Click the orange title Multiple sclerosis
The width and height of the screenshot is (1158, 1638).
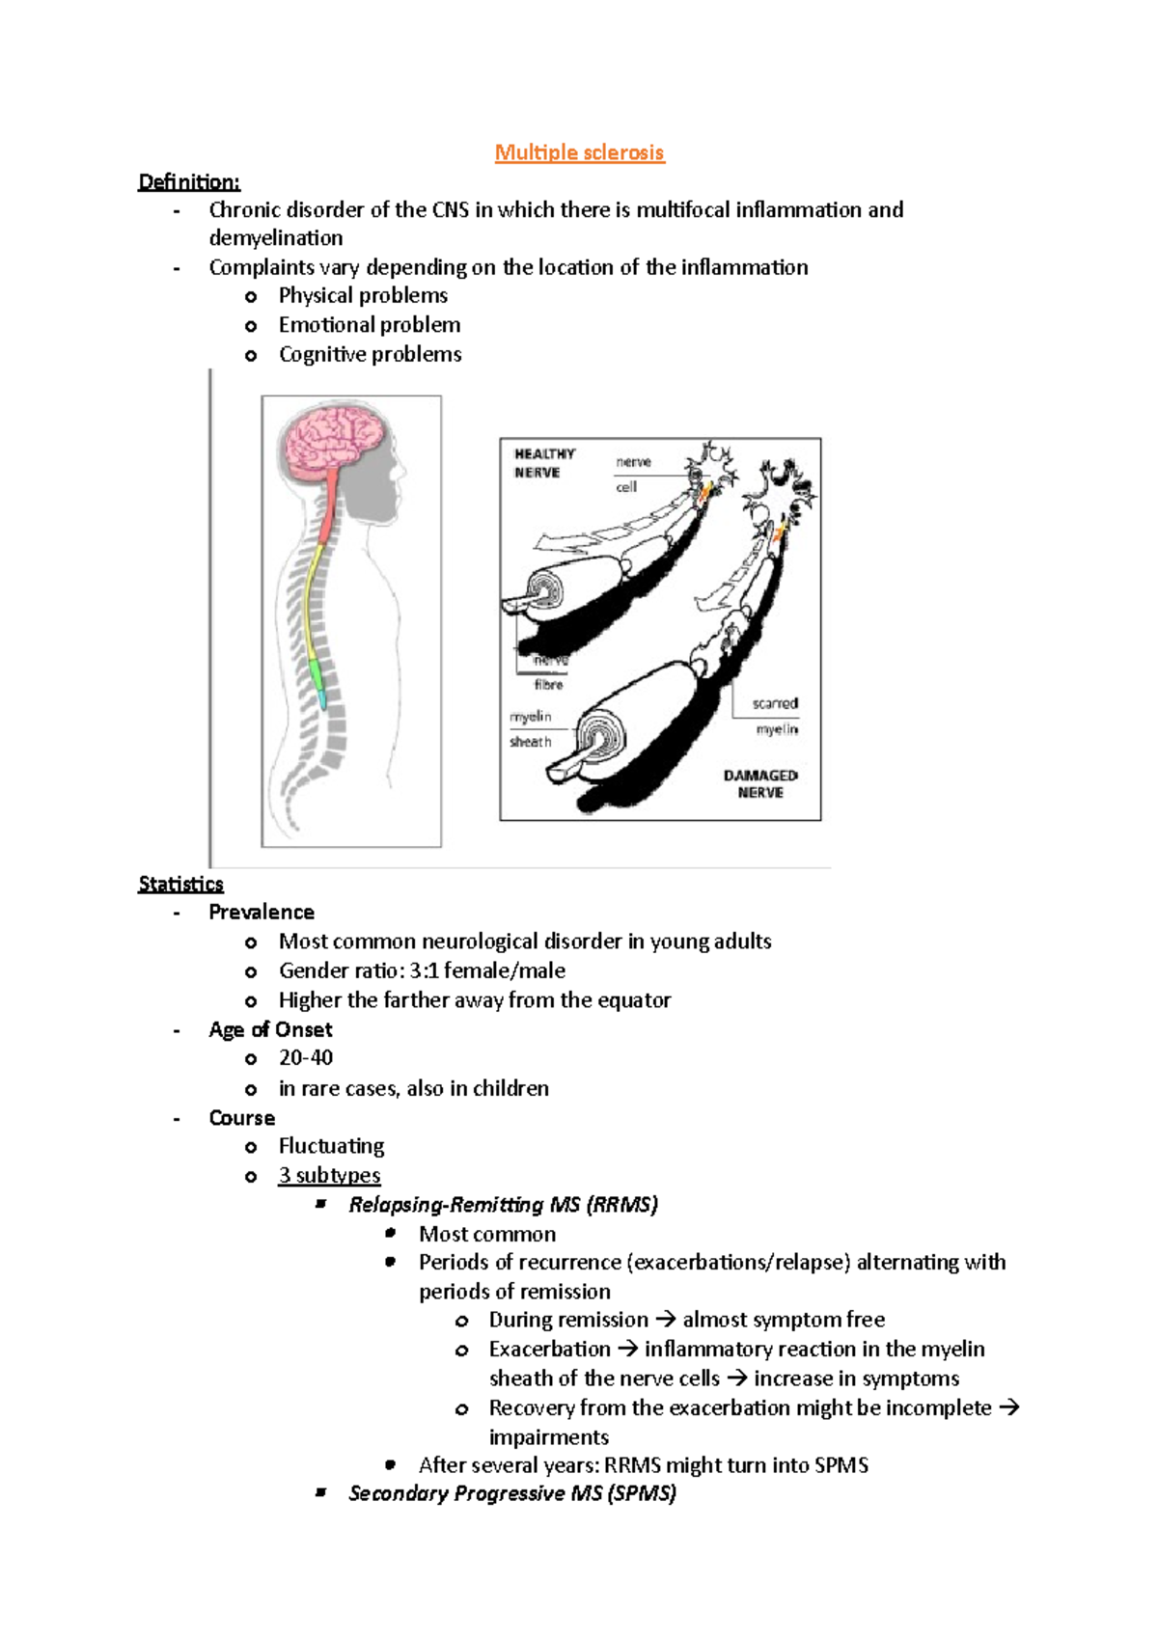pyautogui.click(x=579, y=152)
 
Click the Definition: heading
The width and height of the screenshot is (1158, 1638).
pyautogui.click(x=189, y=181)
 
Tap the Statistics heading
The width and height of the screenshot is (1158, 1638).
pyautogui.click(x=180, y=884)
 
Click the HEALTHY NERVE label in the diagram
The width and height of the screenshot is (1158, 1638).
pyautogui.click(x=543, y=463)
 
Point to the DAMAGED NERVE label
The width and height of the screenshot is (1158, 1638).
pyautogui.click(x=760, y=783)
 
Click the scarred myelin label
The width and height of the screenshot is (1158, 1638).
pyautogui.click(x=776, y=716)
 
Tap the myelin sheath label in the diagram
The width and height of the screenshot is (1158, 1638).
pyautogui.click(x=531, y=729)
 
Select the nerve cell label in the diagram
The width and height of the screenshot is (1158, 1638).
pyautogui.click(x=632, y=474)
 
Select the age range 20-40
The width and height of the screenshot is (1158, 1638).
pyautogui.click(x=306, y=1057)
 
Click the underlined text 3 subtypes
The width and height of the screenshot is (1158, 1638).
pyautogui.click(x=329, y=1175)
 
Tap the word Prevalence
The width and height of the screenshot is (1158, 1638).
pyautogui.click(x=262, y=912)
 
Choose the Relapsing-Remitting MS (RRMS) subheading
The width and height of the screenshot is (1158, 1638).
pyautogui.click(x=503, y=1204)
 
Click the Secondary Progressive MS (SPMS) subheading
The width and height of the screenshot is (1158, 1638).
pyautogui.click(x=511, y=1493)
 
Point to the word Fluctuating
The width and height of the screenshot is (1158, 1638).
pyautogui.click(x=331, y=1146)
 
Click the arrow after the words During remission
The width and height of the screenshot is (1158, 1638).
pyautogui.click(x=665, y=1320)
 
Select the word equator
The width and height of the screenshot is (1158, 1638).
pyautogui.click(x=634, y=999)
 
